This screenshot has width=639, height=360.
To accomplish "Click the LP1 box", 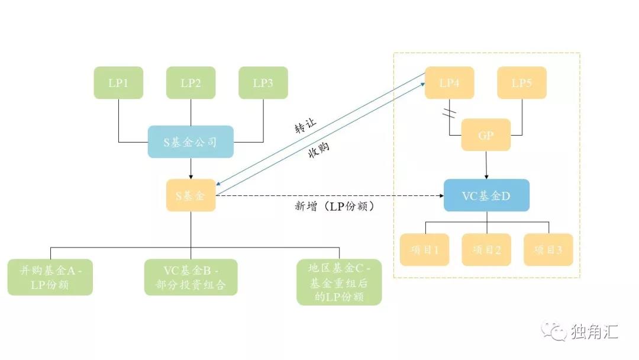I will (x=118, y=83).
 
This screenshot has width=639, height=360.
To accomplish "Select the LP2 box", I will (x=191, y=83).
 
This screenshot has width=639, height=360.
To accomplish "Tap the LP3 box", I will (x=263, y=83).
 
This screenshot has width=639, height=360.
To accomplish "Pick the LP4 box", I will (x=449, y=83).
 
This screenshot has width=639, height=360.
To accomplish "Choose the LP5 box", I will (x=521, y=83).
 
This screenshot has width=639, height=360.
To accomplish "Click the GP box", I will (x=486, y=135).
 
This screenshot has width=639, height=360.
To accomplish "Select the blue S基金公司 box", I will (x=191, y=142).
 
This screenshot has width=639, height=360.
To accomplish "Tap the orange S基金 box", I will (x=191, y=195).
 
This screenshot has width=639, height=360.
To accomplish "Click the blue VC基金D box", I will (x=486, y=195).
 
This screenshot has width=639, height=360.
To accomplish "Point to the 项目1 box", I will (x=424, y=250).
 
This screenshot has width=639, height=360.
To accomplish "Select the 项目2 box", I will (x=486, y=250).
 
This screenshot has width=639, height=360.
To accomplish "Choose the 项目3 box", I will (x=548, y=250).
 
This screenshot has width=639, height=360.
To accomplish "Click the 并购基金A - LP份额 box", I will (x=50, y=277).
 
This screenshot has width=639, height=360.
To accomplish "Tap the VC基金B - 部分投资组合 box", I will (x=191, y=277).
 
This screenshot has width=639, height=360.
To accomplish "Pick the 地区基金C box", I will (x=339, y=282).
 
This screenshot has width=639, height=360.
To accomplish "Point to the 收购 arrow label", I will (x=318, y=152).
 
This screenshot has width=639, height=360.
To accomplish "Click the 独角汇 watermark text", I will (x=595, y=332).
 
